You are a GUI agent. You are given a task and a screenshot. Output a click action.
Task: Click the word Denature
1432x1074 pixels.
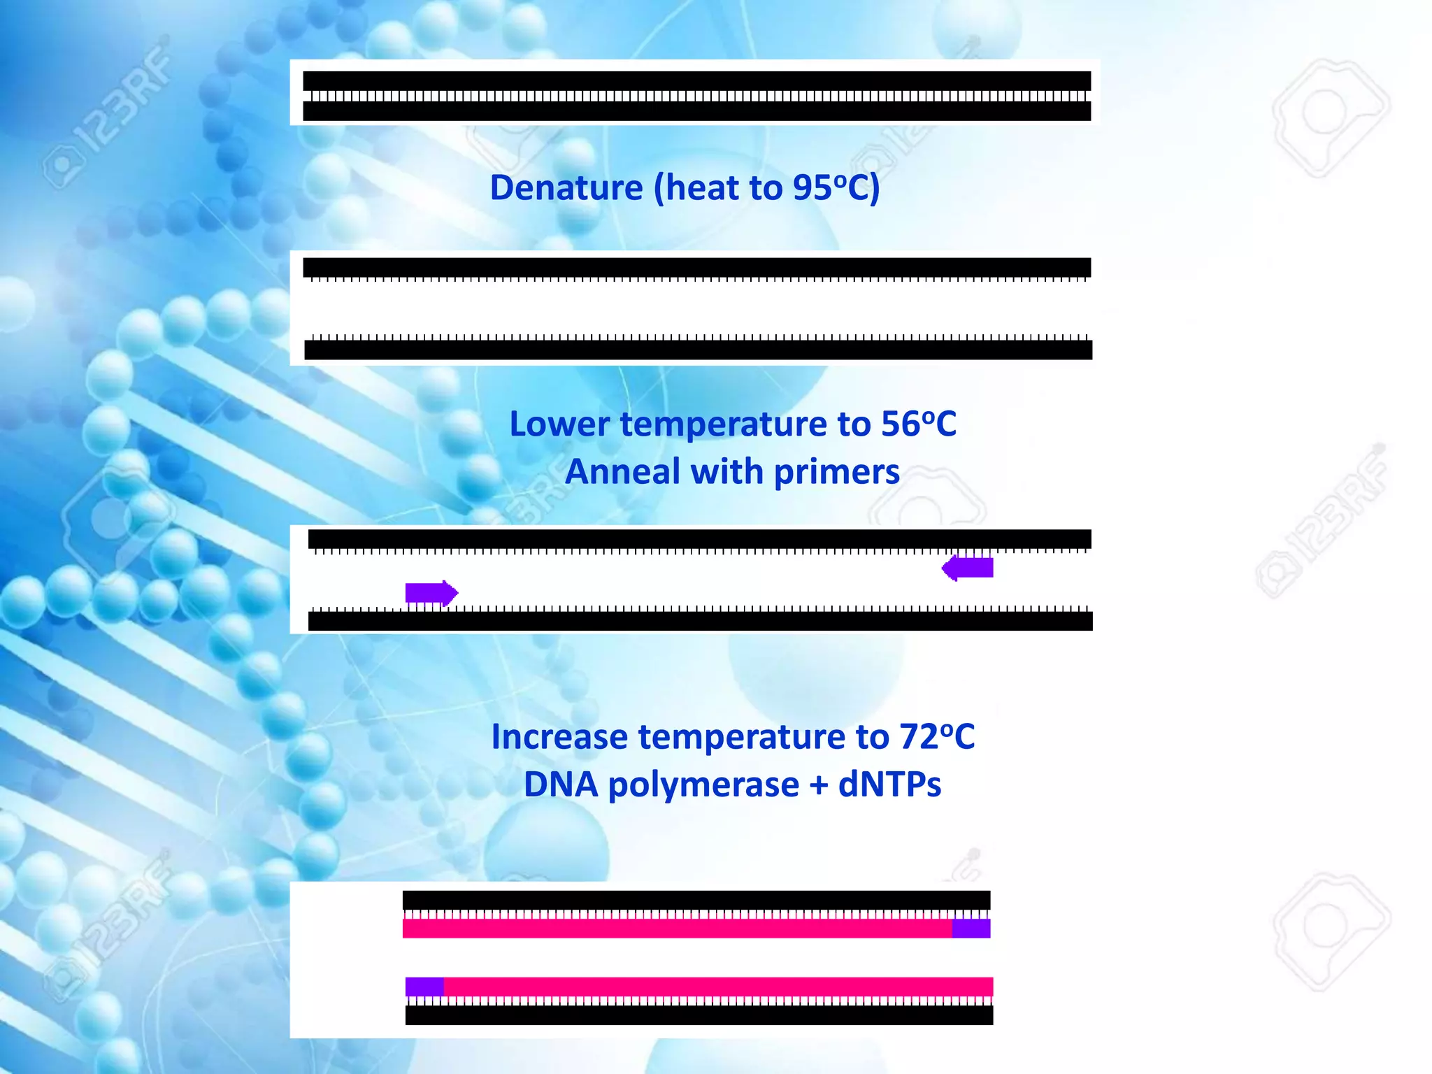[x=566, y=187]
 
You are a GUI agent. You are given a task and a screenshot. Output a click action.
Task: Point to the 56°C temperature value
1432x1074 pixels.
[x=918, y=424]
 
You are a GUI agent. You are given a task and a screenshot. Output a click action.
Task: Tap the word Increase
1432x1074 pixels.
[x=559, y=737]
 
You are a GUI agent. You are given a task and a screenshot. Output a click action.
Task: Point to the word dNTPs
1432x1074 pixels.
[x=889, y=785]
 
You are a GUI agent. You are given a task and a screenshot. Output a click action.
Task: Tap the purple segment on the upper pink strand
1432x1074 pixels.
[x=971, y=929]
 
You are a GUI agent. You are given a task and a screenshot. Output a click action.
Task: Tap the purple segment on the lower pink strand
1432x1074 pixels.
[x=424, y=987]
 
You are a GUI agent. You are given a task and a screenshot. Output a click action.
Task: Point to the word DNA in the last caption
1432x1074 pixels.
[x=561, y=785]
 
